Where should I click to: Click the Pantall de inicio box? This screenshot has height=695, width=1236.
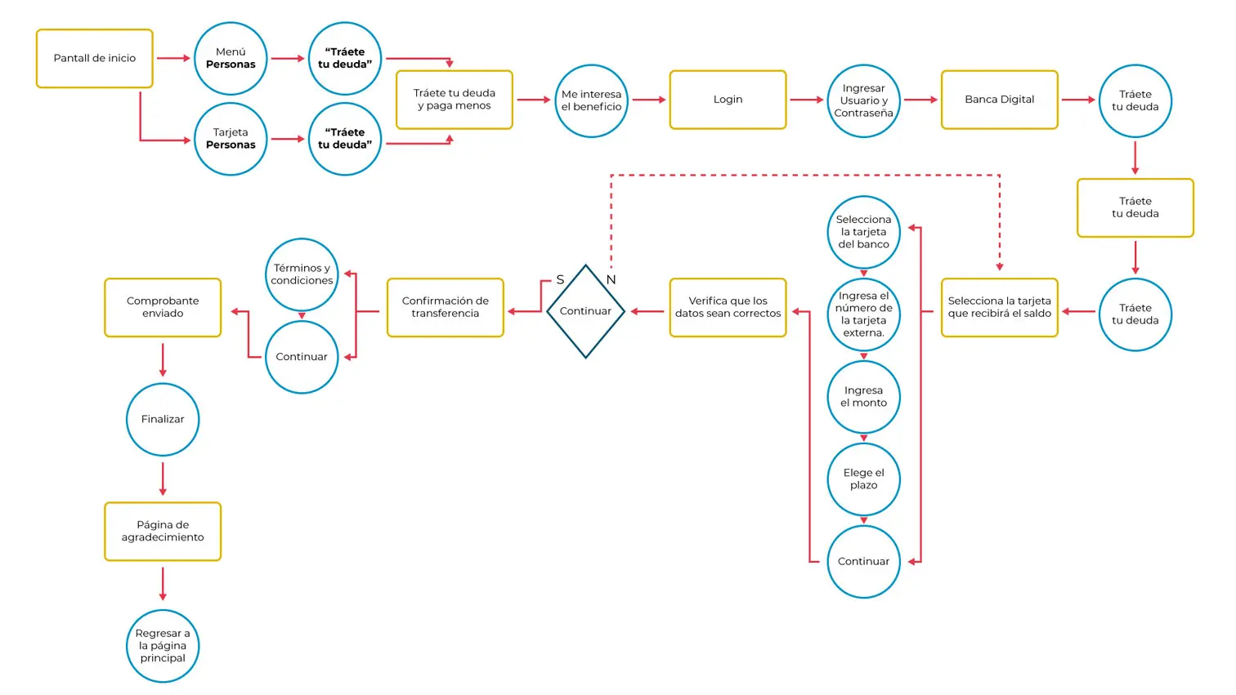point(95,59)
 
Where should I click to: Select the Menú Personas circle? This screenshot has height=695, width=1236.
point(231,59)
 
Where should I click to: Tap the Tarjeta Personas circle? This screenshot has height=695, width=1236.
point(231,139)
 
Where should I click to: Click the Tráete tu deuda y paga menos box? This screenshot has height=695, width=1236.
point(455,100)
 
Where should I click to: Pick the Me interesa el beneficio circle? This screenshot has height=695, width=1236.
point(591,100)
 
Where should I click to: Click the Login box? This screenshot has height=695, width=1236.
point(728,100)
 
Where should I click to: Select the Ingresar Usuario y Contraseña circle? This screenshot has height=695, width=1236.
point(863,100)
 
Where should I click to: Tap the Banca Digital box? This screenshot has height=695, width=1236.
point(999,100)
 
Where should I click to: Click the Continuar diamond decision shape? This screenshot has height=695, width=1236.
point(585,311)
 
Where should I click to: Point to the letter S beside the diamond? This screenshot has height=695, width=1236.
point(560,279)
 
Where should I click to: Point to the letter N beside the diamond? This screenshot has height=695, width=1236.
point(611,279)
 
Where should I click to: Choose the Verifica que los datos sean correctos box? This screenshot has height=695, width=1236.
point(728,307)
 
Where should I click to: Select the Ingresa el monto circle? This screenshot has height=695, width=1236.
point(863,397)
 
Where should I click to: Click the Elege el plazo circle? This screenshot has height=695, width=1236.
point(863,479)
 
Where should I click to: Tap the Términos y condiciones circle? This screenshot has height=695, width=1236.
point(302,274)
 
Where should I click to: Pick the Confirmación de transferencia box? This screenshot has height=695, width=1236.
point(446,307)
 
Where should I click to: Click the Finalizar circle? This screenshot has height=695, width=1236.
point(163,419)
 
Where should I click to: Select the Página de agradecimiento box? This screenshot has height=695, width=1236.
point(163,531)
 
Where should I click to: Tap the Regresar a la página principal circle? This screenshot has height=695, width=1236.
point(163,645)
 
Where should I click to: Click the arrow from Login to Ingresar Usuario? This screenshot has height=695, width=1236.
point(806,100)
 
